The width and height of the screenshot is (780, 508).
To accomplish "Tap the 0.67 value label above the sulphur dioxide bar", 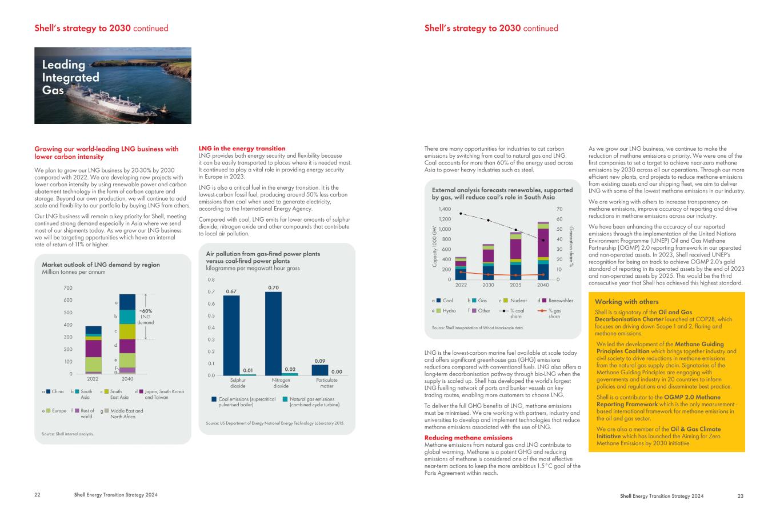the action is pyautogui.click(x=231, y=291).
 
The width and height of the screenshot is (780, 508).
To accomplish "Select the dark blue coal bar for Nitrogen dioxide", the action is pyautogui.click(x=273, y=334).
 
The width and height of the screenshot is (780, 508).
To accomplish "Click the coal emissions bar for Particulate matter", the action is pyautogui.click(x=319, y=370).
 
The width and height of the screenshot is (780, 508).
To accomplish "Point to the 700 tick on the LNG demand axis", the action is pyautogui.click(x=68, y=288).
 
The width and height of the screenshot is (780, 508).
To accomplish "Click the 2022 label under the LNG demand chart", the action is pyautogui.click(x=93, y=379).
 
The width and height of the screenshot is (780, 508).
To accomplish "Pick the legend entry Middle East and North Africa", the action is pyautogui.click(x=122, y=414).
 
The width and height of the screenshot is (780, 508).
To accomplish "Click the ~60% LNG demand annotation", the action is pyautogui.click(x=146, y=317).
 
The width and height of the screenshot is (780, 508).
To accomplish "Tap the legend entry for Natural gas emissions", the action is pyautogui.click(x=311, y=402).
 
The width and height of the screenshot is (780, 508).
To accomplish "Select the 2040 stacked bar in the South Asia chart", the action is pyautogui.click(x=543, y=251).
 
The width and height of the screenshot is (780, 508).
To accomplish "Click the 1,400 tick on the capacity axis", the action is pyautogui.click(x=445, y=209).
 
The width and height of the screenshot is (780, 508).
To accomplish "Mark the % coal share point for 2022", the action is pyautogui.click(x=461, y=214).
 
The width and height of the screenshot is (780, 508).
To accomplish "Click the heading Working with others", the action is pyautogui.click(x=626, y=302).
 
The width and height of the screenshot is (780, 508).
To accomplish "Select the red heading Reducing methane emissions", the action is pyautogui.click(x=469, y=438).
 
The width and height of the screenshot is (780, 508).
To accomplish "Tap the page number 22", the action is pyautogui.click(x=37, y=495).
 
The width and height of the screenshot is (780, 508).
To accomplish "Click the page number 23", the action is pyautogui.click(x=741, y=496).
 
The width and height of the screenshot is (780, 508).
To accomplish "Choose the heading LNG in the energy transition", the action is pyautogui.click(x=242, y=149).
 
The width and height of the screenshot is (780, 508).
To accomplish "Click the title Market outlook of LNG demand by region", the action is pyautogui.click(x=101, y=265).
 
